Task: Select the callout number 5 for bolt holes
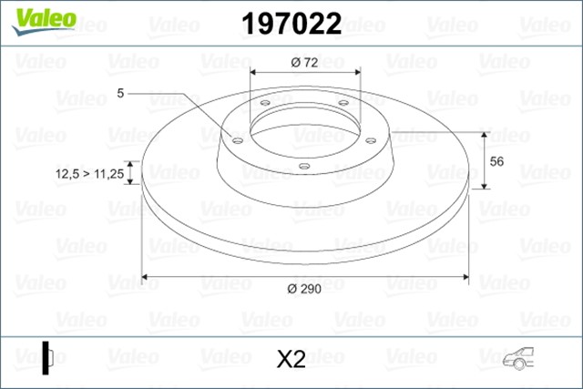(120, 92)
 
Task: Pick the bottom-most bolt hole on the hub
(303, 165)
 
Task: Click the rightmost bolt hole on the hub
(370, 139)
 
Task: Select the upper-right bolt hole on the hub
(343, 103)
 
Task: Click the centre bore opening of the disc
(303, 128)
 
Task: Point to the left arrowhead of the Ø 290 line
(147, 276)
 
